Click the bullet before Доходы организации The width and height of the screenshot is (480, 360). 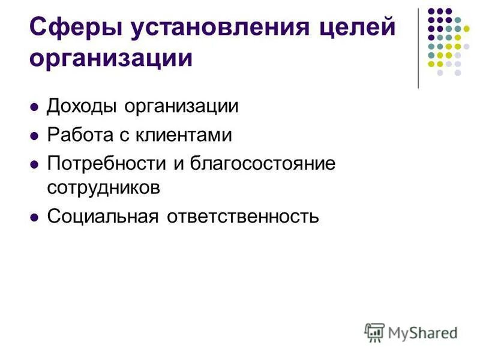[x=34, y=107]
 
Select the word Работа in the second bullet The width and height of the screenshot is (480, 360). [x=77, y=135]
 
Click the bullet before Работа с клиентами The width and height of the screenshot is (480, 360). [x=34, y=136]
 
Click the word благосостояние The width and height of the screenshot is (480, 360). [x=263, y=163]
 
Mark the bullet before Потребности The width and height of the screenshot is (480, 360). [x=34, y=164]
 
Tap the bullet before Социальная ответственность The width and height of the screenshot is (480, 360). [x=34, y=215]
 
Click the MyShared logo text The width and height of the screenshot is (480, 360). [x=423, y=331]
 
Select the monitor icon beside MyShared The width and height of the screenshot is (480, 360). [x=374, y=332]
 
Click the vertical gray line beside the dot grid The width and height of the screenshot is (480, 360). [x=418, y=48]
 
